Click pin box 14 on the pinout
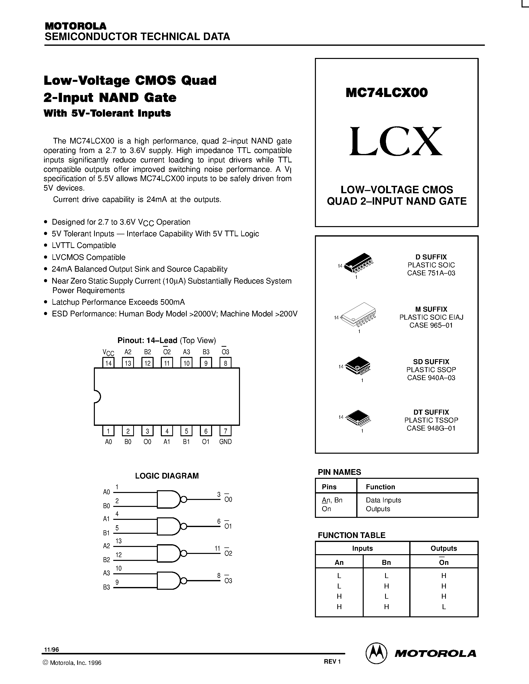[109, 363]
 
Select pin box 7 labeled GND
[225, 431]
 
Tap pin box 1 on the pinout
[108, 431]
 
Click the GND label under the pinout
[225, 441]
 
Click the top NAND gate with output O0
[169, 499]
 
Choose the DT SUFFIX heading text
[431, 412]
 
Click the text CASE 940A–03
[431, 378]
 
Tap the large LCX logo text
[396, 142]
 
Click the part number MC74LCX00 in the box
[386, 93]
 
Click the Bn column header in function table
[386, 562]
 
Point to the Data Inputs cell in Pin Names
[383, 500]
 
